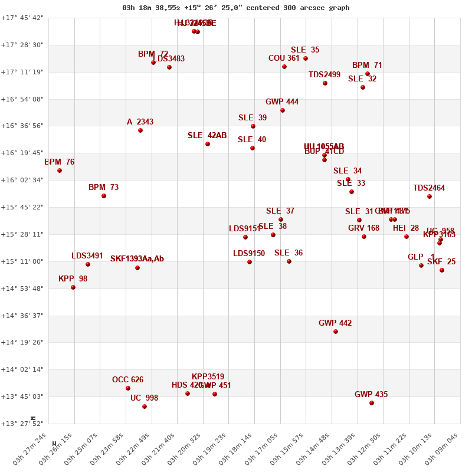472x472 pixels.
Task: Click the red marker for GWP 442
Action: (x=336, y=332)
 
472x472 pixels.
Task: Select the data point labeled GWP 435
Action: (x=372, y=403)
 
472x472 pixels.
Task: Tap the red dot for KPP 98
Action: (x=73, y=287)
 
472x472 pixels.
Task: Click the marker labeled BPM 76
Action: (x=60, y=171)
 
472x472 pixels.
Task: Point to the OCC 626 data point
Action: (x=128, y=388)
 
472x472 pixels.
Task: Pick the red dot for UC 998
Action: (x=145, y=407)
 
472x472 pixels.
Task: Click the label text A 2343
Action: (x=140, y=122)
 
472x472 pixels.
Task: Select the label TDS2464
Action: (x=429, y=188)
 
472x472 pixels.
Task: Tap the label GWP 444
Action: (x=282, y=102)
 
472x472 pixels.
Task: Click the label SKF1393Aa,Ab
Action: (x=137, y=259)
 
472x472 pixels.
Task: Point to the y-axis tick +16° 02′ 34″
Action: (x=22, y=180)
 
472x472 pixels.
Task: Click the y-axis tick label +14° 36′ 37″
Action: (x=22, y=316)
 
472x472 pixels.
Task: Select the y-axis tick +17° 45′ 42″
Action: (x=22, y=18)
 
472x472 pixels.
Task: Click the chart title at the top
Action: (x=236, y=8)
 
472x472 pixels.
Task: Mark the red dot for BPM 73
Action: (x=104, y=196)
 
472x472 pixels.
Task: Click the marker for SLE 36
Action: (x=289, y=261)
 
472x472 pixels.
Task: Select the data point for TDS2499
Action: (x=325, y=83)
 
